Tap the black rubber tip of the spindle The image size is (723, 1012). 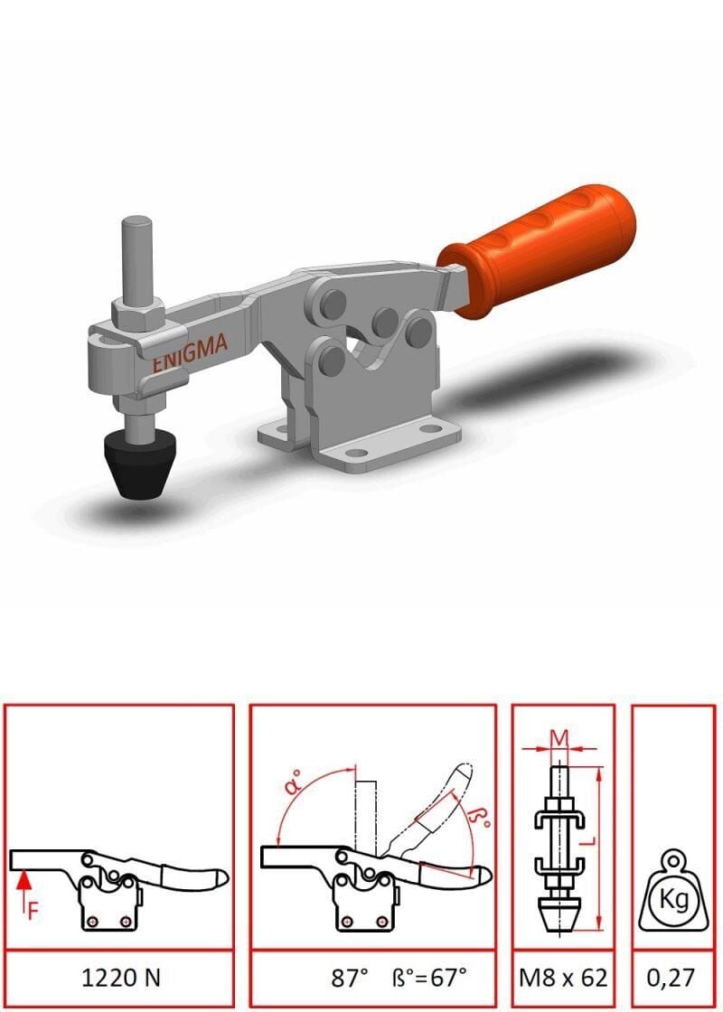[141, 463]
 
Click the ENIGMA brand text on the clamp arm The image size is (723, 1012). [190, 353]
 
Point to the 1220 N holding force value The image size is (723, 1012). [121, 978]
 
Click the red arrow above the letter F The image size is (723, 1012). [23, 885]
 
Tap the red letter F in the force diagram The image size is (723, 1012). [33, 911]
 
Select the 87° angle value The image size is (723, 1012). [349, 978]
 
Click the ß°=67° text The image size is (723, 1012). [429, 978]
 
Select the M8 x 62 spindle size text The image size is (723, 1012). [564, 978]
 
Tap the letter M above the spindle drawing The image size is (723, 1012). [559, 737]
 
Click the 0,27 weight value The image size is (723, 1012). [671, 979]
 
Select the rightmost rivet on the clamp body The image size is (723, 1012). [420, 331]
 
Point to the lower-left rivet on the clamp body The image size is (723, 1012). [333, 359]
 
